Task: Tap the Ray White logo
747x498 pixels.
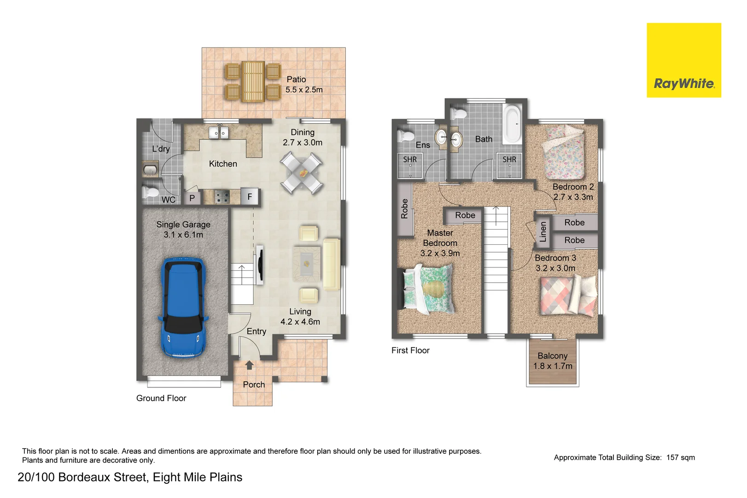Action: click(x=683, y=60)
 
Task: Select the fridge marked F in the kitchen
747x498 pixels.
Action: click(x=250, y=197)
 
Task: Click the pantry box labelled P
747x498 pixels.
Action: click(x=192, y=198)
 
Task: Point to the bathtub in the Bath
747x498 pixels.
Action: click(x=512, y=124)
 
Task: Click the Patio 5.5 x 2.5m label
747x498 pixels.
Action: click(x=303, y=84)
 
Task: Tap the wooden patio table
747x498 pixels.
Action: click(x=253, y=81)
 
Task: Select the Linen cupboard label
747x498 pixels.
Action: click(x=543, y=231)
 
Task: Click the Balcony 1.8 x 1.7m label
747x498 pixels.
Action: click(x=553, y=361)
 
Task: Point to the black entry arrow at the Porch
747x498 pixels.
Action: click(x=250, y=365)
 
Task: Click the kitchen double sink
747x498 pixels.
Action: click(x=219, y=133)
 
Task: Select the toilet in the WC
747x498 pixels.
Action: click(x=150, y=193)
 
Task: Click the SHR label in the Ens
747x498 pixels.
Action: click(x=409, y=160)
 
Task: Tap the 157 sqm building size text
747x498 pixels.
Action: click(x=680, y=457)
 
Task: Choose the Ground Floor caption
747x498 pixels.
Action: click(x=161, y=398)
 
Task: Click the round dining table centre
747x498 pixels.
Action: click(x=303, y=173)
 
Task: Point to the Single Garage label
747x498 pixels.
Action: click(x=183, y=229)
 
